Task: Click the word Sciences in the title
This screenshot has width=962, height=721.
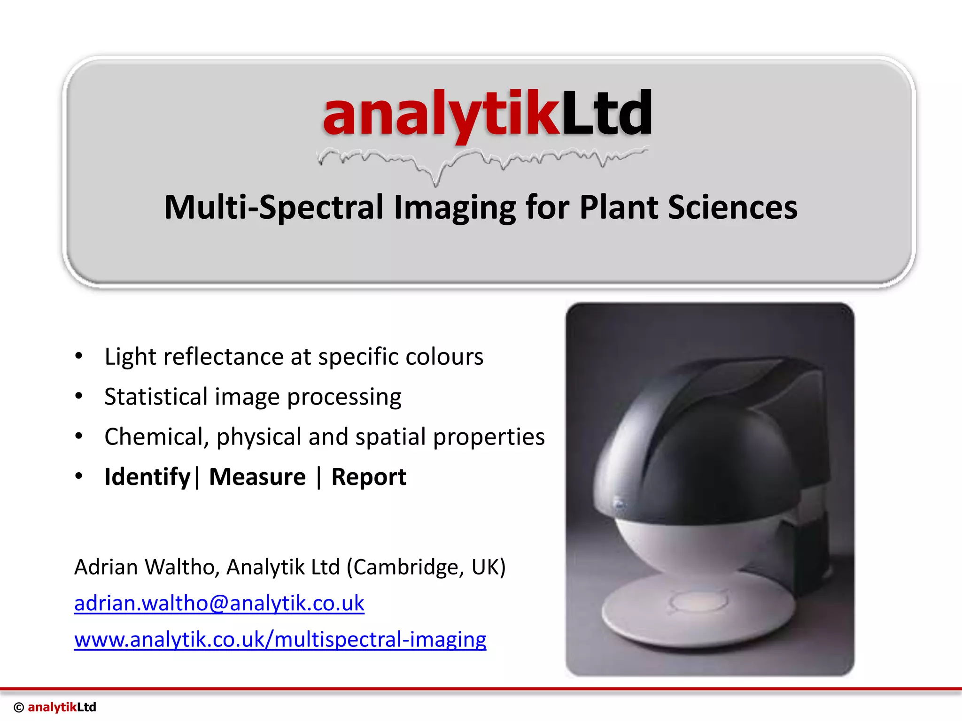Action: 732,207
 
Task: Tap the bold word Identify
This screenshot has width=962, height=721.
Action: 147,477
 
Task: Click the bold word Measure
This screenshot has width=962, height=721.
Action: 257,477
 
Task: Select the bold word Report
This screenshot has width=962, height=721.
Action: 369,477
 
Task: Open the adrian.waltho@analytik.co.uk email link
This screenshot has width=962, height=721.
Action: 219,604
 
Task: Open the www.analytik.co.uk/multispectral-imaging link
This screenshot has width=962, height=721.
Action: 280,640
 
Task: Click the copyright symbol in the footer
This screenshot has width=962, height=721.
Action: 19,707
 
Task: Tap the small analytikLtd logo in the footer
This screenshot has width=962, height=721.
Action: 62,707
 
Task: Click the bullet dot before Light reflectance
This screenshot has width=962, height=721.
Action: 79,356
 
